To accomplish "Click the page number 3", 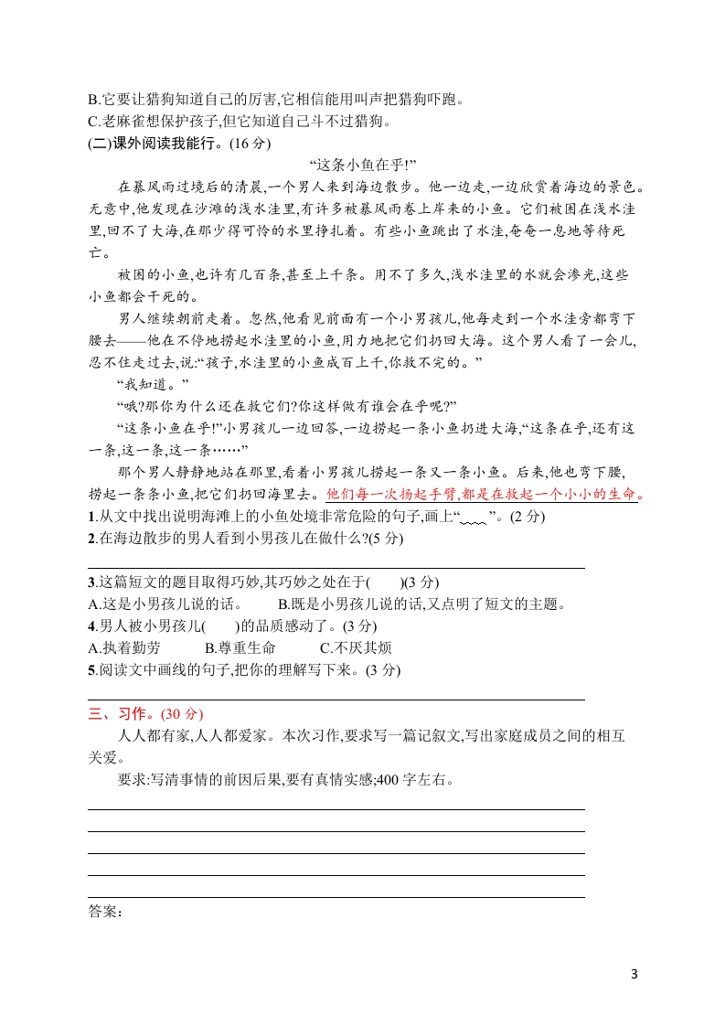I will pos(634,972).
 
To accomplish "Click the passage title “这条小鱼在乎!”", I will pos(363,165).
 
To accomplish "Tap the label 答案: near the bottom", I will pos(105,911).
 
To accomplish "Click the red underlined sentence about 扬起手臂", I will pos(485,495).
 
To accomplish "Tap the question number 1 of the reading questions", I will pos(91,517).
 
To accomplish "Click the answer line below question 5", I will pos(336,699).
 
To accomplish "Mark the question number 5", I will pos(91,669).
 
